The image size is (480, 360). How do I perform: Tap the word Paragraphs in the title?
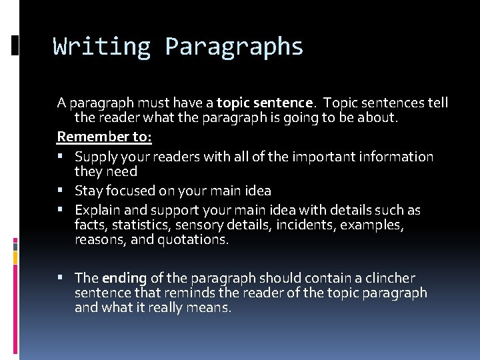[234, 47]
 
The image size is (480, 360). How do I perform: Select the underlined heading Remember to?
[105, 137]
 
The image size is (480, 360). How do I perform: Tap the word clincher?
[389, 278]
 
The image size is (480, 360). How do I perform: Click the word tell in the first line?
[437, 103]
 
